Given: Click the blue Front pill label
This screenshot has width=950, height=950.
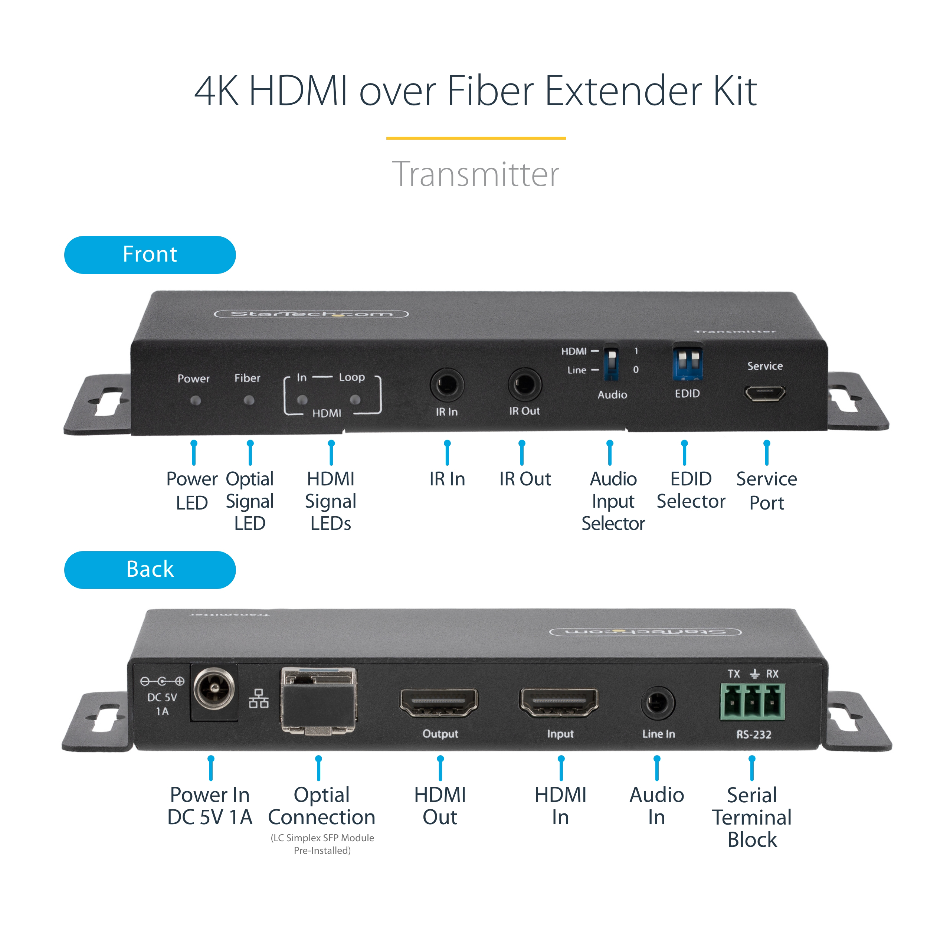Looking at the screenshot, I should (150, 255).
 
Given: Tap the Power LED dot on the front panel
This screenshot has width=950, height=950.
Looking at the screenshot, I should (195, 401).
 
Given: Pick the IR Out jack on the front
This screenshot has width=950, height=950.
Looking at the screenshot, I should (524, 384).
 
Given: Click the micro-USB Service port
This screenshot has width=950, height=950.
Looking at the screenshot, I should (764, 393).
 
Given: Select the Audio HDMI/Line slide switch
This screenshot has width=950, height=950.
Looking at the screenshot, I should (611, 363).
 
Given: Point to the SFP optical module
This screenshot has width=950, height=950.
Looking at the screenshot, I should (319, 701).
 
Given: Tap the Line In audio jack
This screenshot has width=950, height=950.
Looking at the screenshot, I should (658, 703).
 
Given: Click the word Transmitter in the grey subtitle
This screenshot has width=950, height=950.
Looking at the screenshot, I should (475, 174).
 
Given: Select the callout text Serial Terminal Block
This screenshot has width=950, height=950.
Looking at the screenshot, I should (752, 817).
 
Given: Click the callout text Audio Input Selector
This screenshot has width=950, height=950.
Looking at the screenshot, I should (613, 501).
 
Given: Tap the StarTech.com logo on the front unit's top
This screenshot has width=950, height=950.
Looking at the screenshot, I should (311, 314).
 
